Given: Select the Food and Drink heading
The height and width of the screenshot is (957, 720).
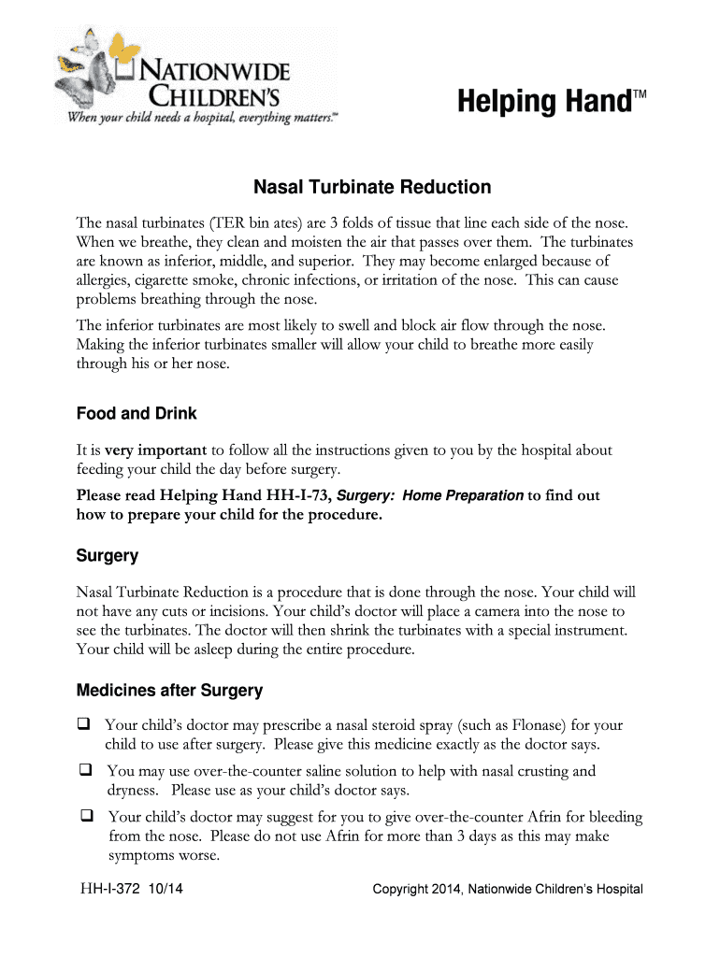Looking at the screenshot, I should pyautogui.click(x=136, y=413).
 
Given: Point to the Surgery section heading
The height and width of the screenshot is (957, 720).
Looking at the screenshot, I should pyautogui.click(x=107, y=556).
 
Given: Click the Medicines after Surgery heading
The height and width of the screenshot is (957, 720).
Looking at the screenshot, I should pyautogui.click(x=169, y=692).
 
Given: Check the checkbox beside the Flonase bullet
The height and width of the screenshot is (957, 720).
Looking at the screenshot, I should pyautogui.click(x=84, y=724).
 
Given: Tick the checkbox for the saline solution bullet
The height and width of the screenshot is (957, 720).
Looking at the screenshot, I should pyautogui.click(x=84, y=771).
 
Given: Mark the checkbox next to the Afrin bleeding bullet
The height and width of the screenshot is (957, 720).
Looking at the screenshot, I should pyautogui.click(x=84, y=817).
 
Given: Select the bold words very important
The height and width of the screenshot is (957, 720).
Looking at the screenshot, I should pyautogui.click(x=156, y=450).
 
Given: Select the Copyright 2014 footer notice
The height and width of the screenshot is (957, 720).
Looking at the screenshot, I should pyautogui.click(x=508, y=889).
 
